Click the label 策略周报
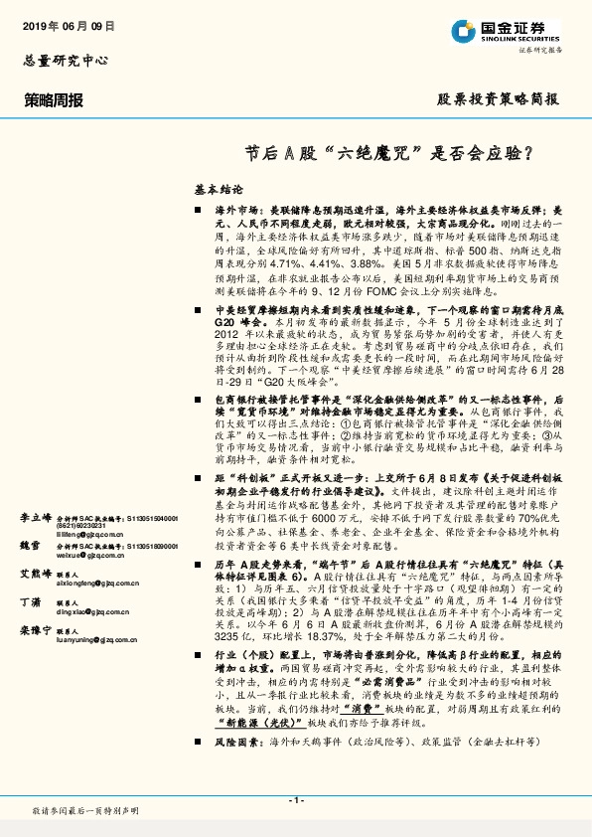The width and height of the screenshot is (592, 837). tap(55, 100)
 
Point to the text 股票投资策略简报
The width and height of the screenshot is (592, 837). tap(498, 99)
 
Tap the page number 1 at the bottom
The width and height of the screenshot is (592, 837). tap(296, 799)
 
